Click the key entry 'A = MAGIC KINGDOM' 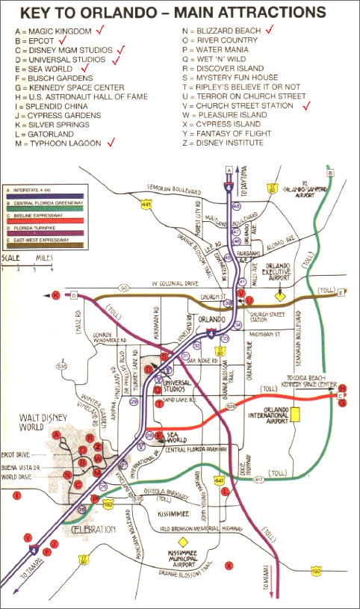click(x=52, y=31)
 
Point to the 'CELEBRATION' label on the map click(x=94, y=530)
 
